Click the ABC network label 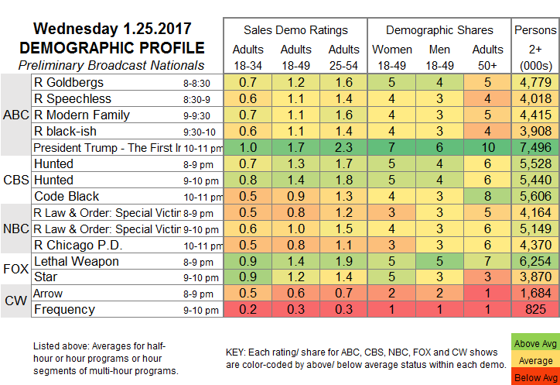click(15, 115)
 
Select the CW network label click(15, 301)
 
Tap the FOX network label click(15, 269)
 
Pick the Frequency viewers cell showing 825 click(534, 310)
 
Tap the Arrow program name click(50, 294)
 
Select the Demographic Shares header click(439, 30)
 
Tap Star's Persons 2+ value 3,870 click(534, 277)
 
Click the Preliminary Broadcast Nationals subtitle click(111, 65)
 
